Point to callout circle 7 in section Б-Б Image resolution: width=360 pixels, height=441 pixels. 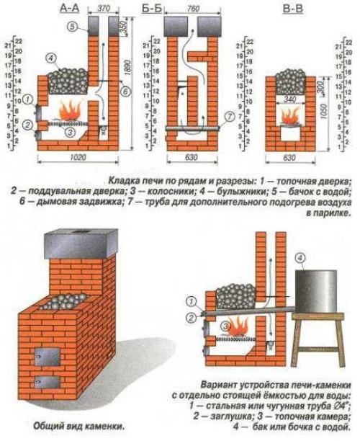click(228, 115)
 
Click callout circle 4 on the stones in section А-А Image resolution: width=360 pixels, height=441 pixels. click(50, 58)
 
